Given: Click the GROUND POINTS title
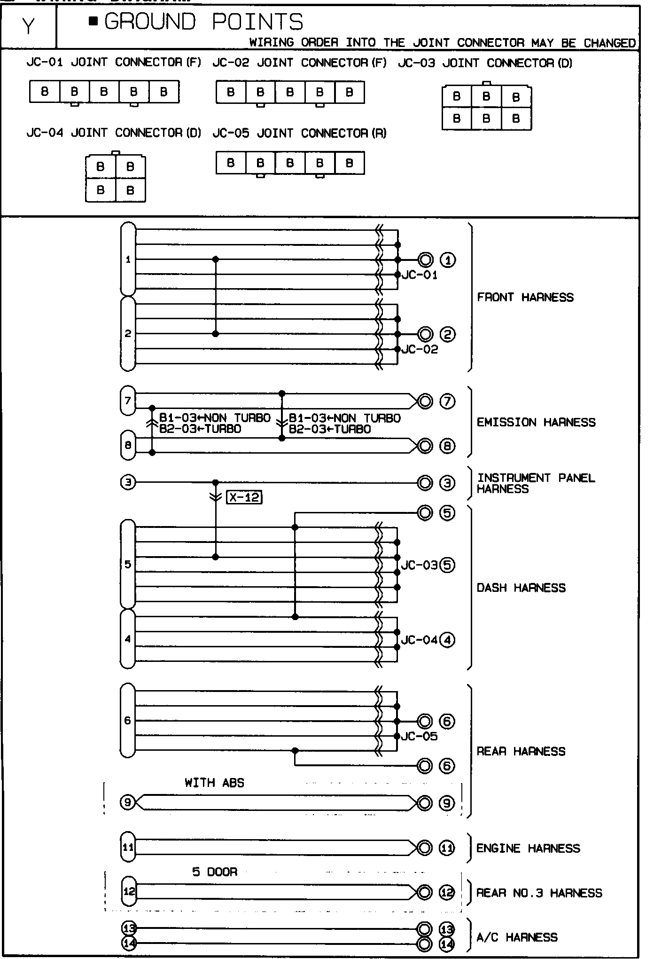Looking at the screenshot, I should click(203, 22).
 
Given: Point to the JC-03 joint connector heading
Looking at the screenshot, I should click(485, 63).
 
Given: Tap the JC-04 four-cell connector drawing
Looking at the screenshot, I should click(116, 179).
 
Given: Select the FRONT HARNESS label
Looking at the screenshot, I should click(525, 298).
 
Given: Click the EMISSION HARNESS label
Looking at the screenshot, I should click(536, 423).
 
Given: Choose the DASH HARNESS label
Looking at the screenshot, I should click(521, 588).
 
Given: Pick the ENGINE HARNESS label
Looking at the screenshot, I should click(528, 849).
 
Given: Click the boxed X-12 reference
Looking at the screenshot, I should click(244, 497).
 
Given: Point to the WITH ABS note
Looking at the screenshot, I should click(214, 783).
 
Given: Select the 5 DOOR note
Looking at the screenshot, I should click(215, 872).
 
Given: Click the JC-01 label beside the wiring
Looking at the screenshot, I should click(420, 275).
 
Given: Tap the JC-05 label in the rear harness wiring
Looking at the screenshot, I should click(420, 737).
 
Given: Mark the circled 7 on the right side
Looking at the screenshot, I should click(447, 401).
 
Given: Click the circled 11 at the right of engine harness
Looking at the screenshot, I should click(447, 848).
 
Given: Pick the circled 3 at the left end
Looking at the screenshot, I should click(128, 482).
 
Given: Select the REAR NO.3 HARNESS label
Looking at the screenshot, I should click(539, 893).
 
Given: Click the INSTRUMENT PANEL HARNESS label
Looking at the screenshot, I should click(536, 483).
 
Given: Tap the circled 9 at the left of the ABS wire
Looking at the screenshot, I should click(127, 802).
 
